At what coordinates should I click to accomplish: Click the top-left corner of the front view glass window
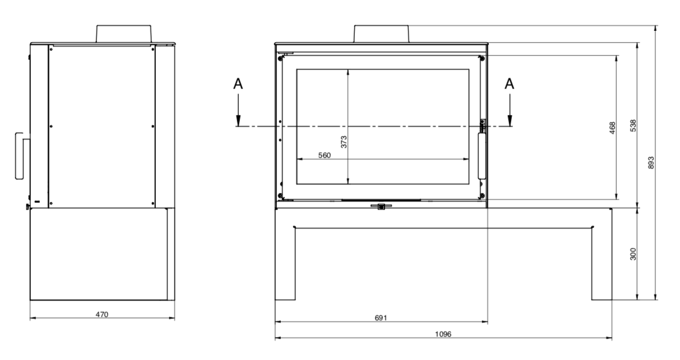pos(297,70)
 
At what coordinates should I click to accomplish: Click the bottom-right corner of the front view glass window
pos(469,184)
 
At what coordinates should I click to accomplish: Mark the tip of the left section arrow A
pos(238,126)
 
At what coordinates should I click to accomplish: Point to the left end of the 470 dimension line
pos(30,318)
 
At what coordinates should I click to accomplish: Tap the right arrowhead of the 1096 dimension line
pos(612,338)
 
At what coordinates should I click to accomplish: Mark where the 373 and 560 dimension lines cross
pos(348,159)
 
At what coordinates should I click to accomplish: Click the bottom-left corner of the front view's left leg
pos(275,300)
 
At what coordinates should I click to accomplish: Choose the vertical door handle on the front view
pos(482,156)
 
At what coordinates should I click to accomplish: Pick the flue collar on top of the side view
pos(124,34)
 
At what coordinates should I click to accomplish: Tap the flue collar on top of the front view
pos(381,34)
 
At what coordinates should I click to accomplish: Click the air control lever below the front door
pos(381,206)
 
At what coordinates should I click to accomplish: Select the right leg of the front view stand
pos(602,254)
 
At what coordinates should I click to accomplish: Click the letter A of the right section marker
pos(510,84)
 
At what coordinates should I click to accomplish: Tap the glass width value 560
pos(324,155)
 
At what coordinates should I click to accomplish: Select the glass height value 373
pos(344,142)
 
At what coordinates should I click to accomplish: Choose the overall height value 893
pos(651,163)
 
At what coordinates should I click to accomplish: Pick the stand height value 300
pos(633,254)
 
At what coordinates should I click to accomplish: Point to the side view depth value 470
pos(101,315)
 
